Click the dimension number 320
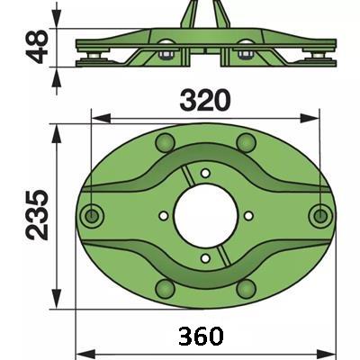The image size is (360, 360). click(x=205, y=100)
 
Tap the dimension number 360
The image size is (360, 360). click(x=201, y=336)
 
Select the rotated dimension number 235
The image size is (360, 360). click(x=37, y=215)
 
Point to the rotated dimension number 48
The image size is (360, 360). click(x=37, y=47)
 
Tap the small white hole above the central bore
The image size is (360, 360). click(x=205, y=173)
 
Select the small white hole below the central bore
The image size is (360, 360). click(x=205, y=258)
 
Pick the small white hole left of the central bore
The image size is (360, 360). click(x=163, y=215)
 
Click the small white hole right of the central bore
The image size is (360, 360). click(x=248, y=215)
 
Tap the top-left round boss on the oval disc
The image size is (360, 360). click(x=165, y=142)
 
